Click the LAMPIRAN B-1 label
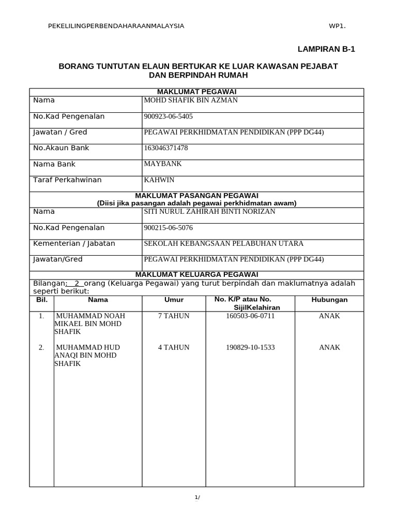327,50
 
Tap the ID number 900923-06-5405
168,116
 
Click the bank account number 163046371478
166,148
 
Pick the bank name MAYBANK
162,164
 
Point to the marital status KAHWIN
159,180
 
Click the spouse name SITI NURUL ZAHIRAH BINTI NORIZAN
209,212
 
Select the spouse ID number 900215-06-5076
168,228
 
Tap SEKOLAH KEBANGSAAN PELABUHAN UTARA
223,243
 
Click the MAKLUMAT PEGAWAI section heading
196,92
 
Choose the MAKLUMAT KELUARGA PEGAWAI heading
196,274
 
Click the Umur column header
174,300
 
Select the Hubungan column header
329,300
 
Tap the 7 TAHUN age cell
174,316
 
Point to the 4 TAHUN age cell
174,347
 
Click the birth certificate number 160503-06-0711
250,316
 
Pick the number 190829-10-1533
250,347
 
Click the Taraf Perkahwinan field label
67,180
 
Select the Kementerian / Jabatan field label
74,243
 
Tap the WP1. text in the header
337,26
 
